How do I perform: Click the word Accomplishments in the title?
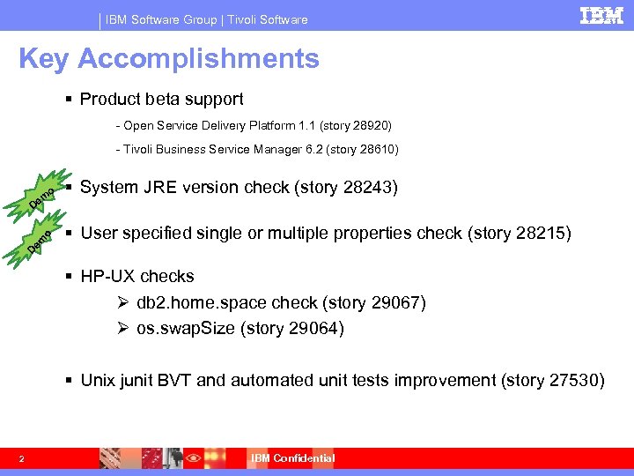click(198, 59)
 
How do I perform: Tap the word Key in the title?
click(44, 59)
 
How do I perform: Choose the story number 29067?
click(399, 303)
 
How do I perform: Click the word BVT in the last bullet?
click(175, 380)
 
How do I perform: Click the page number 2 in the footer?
click(22, 457)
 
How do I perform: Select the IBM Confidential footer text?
click(293, 457)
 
